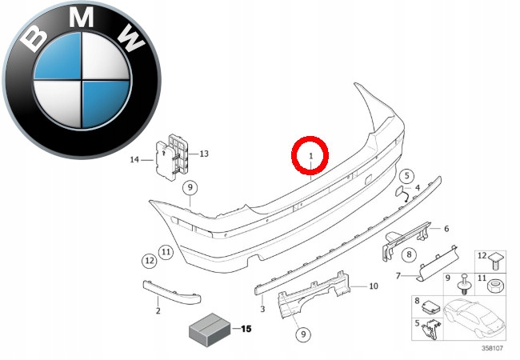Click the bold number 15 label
[x=245, y=329]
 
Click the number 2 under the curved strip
[x=158, y=310]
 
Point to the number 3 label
[x=262, y=308]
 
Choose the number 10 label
[x=372, y=286]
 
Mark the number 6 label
[x=446, y=228]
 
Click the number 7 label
[x=398, y=277]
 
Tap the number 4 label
[x=417, y=187]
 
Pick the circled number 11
[x=166, y=253]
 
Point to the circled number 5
[x=406, y=176]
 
